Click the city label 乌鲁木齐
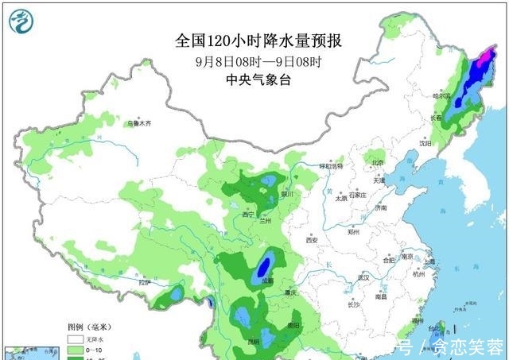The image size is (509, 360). click(138, 124)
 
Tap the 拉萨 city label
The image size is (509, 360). click(144, 282)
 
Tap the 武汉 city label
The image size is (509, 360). click(367, 277)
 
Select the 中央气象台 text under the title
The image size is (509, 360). click(254, 79)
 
